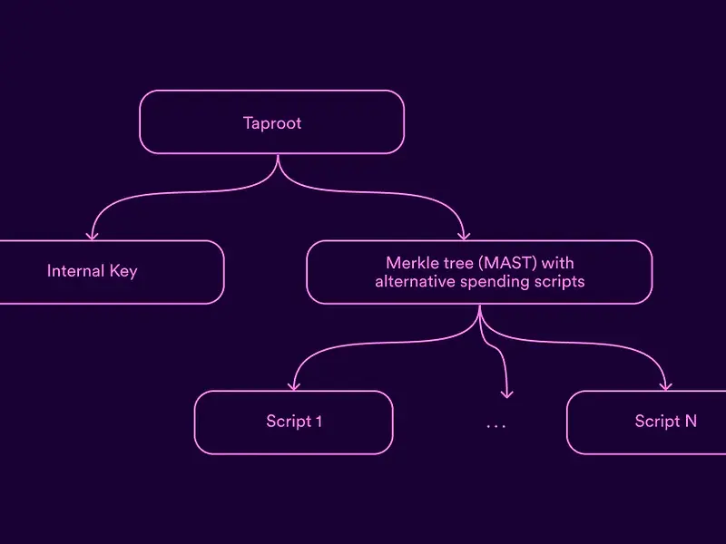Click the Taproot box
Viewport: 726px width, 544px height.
point(271,121)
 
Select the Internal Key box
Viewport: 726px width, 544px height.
point(109,272)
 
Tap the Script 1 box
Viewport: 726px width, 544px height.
point(293,423)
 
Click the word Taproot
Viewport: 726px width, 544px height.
point(271,122)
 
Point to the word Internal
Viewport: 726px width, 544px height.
point(75,271)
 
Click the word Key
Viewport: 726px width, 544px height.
point(123,271)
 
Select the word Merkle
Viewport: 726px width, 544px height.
point(409,264)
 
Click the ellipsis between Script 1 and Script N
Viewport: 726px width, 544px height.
point(495,425)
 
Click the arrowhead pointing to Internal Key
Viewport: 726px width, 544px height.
point(91,235)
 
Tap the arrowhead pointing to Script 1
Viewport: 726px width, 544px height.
point(294,385)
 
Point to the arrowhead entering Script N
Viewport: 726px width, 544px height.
point(665,385)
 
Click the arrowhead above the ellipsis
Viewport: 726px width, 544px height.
point(507,393)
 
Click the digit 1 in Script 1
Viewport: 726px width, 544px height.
point(318,422)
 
